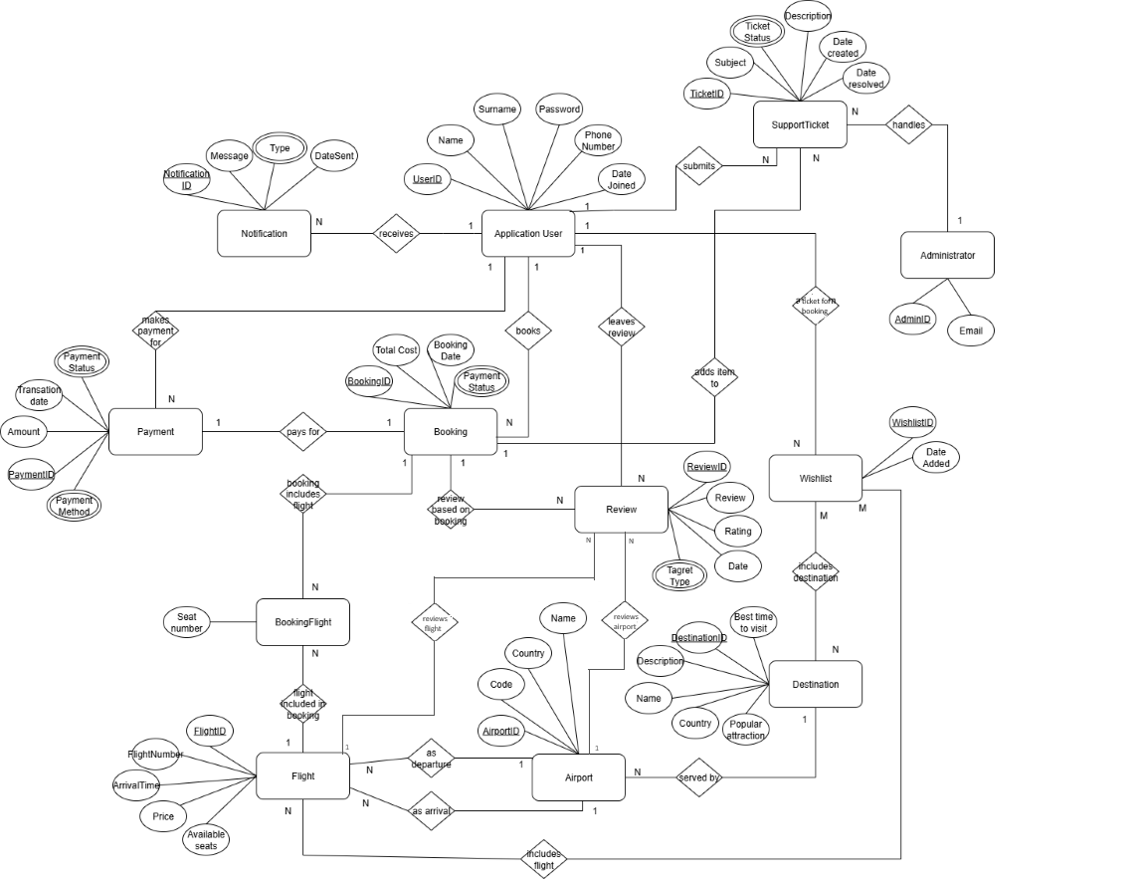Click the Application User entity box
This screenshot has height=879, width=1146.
click(x=528, y=234)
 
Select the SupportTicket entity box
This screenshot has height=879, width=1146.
click(x=800, y=124)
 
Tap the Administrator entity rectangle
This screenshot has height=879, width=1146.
click(x=947, y=255)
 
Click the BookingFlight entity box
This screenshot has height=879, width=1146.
click(x=303, y=622)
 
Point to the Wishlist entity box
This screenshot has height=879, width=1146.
click(x=815, y=478)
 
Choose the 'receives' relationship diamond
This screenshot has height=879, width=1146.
click(x=396, y=234)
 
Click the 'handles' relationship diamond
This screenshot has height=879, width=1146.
click(x=907, y=125)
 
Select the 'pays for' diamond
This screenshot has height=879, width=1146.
click(x=303, y=432)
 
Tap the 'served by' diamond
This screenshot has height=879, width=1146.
click(x=698, y=776)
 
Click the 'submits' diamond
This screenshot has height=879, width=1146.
click(x=698, y=166)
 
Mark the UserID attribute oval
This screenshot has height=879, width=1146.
click(x=428, y=179)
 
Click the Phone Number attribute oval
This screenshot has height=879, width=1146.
click(x=598, y=141)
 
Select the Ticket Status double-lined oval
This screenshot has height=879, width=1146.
click(x=757, y=32)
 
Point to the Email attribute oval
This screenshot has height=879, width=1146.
click(x=970, y=330)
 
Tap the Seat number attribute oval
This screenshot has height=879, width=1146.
click(x=187, y=622)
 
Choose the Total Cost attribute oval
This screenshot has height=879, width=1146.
click(x=396, y=350)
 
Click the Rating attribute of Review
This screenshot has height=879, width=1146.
click(x=737, y=531)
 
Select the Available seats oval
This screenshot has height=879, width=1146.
click(x=206, y=839)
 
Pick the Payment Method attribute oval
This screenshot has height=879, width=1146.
click(x=75, y=506)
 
